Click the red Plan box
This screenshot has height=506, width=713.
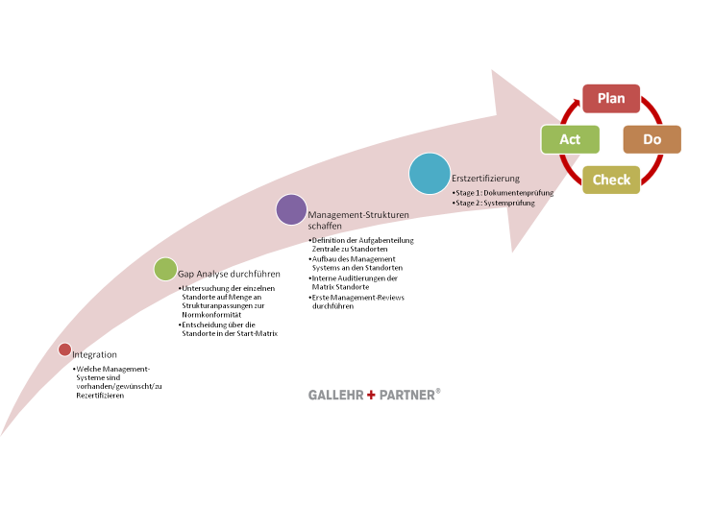pyautogui.click(x=611, y=99)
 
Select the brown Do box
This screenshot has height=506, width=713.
pyautogui.click(x=652, y=139)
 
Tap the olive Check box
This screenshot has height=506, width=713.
pyautogui.click(x=611, y=180)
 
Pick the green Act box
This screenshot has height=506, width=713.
pyautogui.click(x=571, y=139)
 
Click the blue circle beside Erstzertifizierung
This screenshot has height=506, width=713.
pyautogui.click(x=430, y=174)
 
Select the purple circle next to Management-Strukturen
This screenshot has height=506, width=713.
pyautogui.click(x=291, y=209)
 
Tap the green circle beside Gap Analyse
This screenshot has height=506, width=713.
pyautogui.click(x=165, y=270)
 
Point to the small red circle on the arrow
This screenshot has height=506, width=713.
pyautogui.click(x=64, y=349)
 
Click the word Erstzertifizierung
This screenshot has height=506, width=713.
pyautogui.click(x=485, y=179)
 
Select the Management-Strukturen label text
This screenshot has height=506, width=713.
pyautogui.click(x=352, y=215)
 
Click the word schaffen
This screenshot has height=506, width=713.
pyautogui.click(x=325, y=227)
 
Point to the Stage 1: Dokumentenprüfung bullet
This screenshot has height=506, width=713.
pyautogui.click(x=503, y=193)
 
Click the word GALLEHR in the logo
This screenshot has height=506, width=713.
pyautogui.click(x=335, y=395)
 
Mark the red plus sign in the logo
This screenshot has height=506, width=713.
pyautogui.click(x=371, y=395)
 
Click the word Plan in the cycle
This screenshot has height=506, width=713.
pyautogui.click(x=611, y=99)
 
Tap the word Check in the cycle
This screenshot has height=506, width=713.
pyautogui.click(x=611, y=180)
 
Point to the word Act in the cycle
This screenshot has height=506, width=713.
pyautogui.click(x=570, y=139)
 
